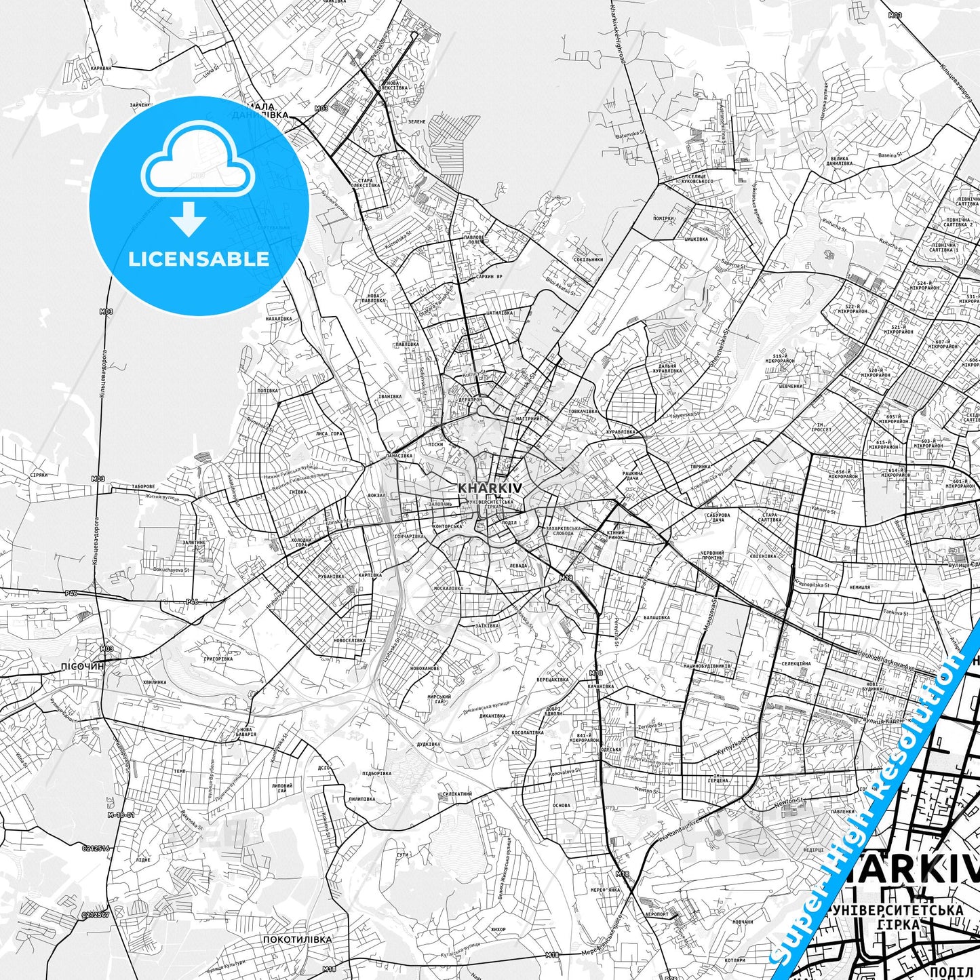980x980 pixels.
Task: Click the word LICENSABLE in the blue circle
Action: point(199,259)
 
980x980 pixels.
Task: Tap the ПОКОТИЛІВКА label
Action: point(298,939)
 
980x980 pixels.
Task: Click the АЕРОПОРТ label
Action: point(656,914)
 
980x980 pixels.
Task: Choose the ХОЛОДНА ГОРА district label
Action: point(301,543)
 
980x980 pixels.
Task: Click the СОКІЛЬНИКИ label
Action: point(587,259)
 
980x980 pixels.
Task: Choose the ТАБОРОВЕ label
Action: point(143,486)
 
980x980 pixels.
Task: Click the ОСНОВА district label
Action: point(561,806)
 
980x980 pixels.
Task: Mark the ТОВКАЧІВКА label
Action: point(583,411)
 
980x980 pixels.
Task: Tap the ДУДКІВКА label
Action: point(428,744)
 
